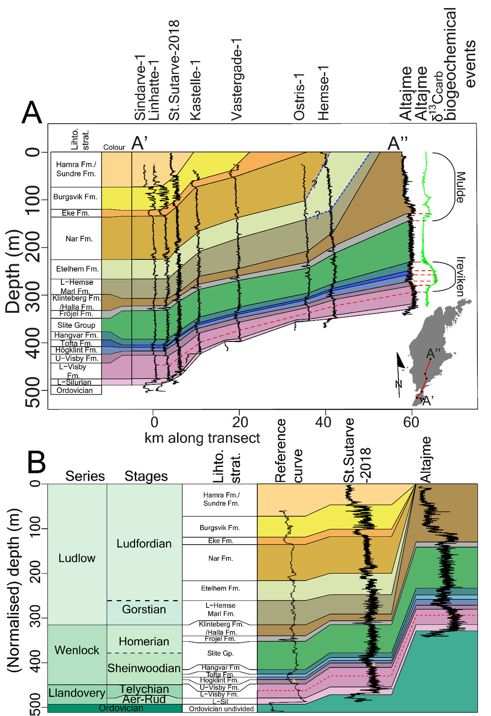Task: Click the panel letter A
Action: [x=32, y=113]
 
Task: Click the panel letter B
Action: [x=37, y=462]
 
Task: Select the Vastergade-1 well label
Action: [x=236, y=79]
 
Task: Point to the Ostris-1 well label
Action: [x=299, y=97]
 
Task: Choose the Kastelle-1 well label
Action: [x=195, y=90]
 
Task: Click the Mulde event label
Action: [x=460, y=187]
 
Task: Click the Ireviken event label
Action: [x=460, y=277]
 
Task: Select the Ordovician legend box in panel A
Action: [x=75, y=390]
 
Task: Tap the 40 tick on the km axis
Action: [x=323, y=422]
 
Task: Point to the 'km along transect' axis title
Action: [x=202, y=438]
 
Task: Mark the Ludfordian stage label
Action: [x=144, y=544]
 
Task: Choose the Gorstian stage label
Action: [x=144, y=609]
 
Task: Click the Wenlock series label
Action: [x=77, y=650]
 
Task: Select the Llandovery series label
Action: [x=77, y=693]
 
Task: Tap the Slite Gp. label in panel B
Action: [x=220, y=653]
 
